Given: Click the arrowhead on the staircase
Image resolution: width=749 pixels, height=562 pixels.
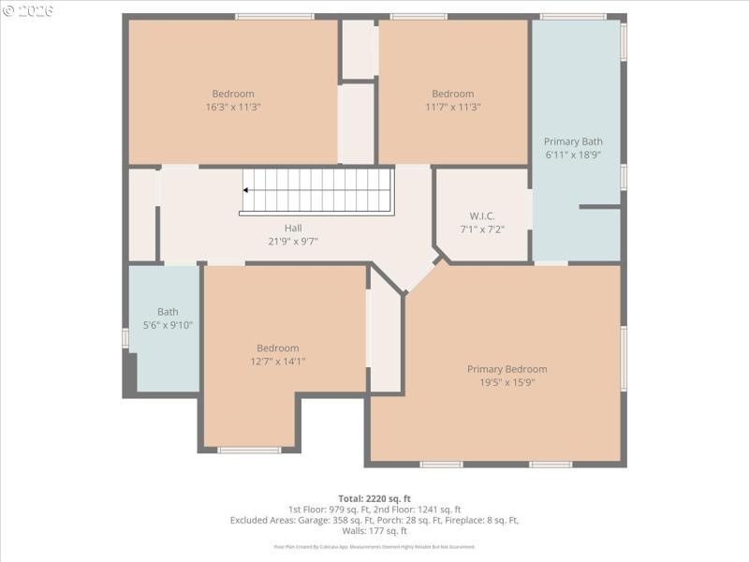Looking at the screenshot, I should [246, 189].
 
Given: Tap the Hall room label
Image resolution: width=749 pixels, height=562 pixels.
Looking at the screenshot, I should [293, 228].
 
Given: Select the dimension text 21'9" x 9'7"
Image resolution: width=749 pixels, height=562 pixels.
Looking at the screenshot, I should [293, 241].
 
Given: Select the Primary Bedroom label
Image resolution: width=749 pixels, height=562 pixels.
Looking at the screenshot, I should [507, 369].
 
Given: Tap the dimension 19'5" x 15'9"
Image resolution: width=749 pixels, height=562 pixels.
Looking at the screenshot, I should [507, 382].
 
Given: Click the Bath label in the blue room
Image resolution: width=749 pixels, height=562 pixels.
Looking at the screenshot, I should [168, 312].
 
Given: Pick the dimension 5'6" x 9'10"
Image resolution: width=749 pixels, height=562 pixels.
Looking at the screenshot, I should [168, 325].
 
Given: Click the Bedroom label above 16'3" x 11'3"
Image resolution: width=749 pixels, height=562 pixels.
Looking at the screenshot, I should [233, 94].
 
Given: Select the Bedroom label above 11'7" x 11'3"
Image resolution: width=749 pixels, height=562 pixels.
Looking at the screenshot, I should [452, 94].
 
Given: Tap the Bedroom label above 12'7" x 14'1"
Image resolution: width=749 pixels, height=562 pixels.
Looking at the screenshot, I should [278, 348].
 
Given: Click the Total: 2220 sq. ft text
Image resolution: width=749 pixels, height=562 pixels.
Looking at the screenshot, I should [374, 498].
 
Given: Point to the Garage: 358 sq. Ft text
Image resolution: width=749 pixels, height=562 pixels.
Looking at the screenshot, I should [334, 520].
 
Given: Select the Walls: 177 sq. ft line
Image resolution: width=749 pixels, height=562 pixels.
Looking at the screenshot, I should [374, 531].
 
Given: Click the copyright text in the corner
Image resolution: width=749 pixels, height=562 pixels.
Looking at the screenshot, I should [28, 10].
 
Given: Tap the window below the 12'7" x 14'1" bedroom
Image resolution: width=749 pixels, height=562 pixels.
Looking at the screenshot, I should [249, 451].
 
